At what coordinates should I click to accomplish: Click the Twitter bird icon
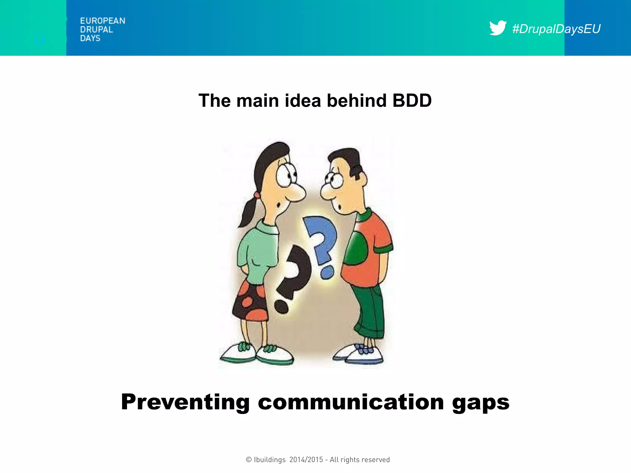click(x=497, y=28)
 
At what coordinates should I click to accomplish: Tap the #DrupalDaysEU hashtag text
click(x=556, y=29)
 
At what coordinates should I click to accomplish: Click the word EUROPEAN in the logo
click(x=103, y=21)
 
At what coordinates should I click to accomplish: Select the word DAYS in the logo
click(x=90, y=38)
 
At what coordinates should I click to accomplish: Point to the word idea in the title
click(x=303, y=101)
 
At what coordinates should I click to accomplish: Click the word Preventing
click(x=185, y=402)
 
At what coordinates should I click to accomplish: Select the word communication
click(x=351, y=402)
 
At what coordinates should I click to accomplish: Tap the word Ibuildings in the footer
click(x=270, y=460)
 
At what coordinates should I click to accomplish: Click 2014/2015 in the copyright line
click(x=306, y=460)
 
